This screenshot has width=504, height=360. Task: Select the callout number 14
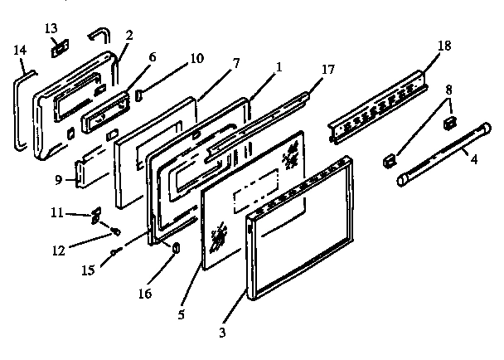pyautogui.click(x=20, y=50)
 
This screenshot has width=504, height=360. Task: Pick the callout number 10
pyautogui.click(x=196, y=60)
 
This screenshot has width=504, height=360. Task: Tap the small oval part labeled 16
pyautogui.click(x=176, y=249)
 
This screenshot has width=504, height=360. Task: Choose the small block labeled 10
pyautogui.click(x=139, y=86)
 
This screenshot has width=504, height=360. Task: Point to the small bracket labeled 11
pyautogui.click(x=94, y=214)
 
